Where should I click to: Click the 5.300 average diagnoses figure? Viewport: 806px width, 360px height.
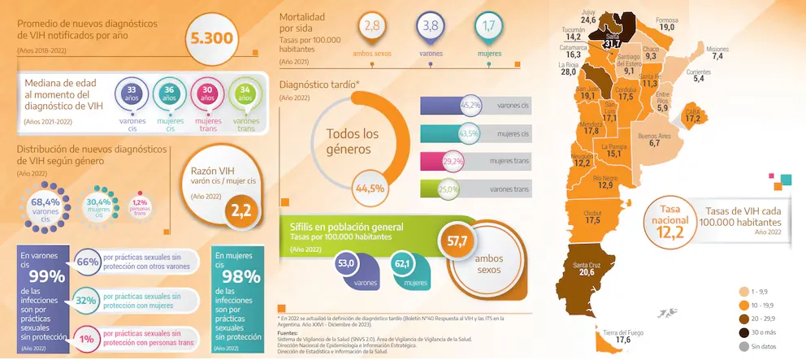click(x=212, y=37)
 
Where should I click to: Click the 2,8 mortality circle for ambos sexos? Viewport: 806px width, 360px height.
click(x=372, y=27)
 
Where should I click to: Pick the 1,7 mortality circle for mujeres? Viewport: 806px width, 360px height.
click(x=487, y=27)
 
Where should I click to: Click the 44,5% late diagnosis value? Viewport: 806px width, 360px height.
click(x=370, y=189)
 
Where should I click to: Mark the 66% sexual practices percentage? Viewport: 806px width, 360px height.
click(x=87, y=262)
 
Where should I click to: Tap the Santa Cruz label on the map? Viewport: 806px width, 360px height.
click(x=587, y=266)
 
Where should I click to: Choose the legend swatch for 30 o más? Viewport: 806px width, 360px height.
click(x=743, y=332)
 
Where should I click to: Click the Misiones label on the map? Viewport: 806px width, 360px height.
click(x=717, y=49)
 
